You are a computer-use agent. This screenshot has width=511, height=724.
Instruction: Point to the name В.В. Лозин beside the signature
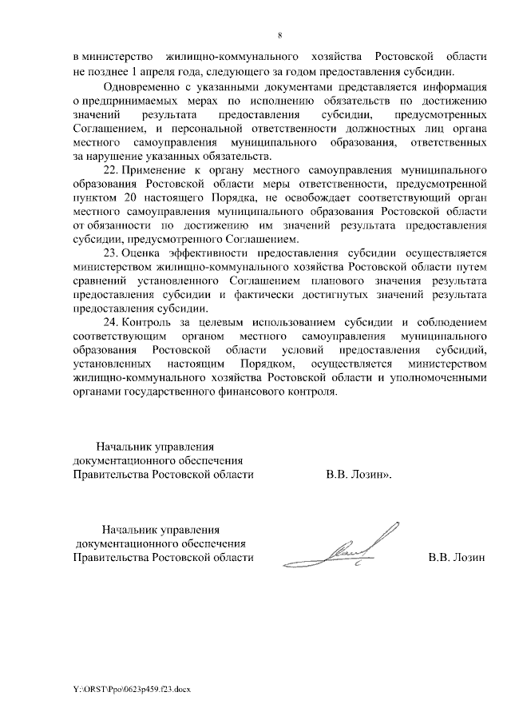457,557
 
